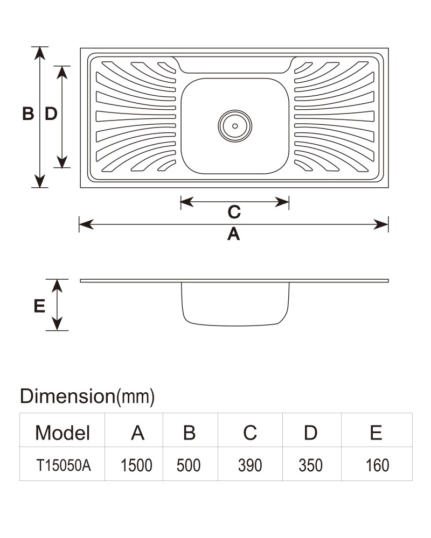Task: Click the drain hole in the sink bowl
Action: pyautogui.click(x=235, y=126)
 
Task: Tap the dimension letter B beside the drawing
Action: pyautogui.click(x=28, y=114)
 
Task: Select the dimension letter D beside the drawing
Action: pyautogui.click(x=51, y=114)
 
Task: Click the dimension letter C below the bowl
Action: pyautogui.click(x=234, y=212)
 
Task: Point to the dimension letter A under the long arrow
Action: pyautogui.click(x=234, y=235)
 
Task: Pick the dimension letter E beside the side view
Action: pyautogui.click(x=39, y=306)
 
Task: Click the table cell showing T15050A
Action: pyautogui.click(x=64, y=465)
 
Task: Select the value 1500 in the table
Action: pyautogui.click(x=136, y=465)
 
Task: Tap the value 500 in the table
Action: pyautogui.click(x=189, y=465)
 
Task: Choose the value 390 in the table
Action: pyautogui.click(x=250, y=465)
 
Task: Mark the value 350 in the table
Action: pyautogui.click(x=310, y=465)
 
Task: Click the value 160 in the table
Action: pyautogui.click(x=377, y=465)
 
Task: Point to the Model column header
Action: pyautogui.click(x=62, y=433)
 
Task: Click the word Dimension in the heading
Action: pyautogui.click(x=67, y=396)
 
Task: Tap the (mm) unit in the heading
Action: pyautogui.click(x=135, y=397)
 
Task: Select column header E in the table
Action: pyautogui.click(x=376, y=433)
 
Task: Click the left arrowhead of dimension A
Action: pyautogui.click(x=86, y=224)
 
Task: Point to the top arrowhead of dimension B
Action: pyautogui.click(x=40, y=53)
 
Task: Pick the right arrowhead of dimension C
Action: pyautogui.click(x=282, y=202)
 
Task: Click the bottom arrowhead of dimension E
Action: pyautogui.click(x=57, y=324)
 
